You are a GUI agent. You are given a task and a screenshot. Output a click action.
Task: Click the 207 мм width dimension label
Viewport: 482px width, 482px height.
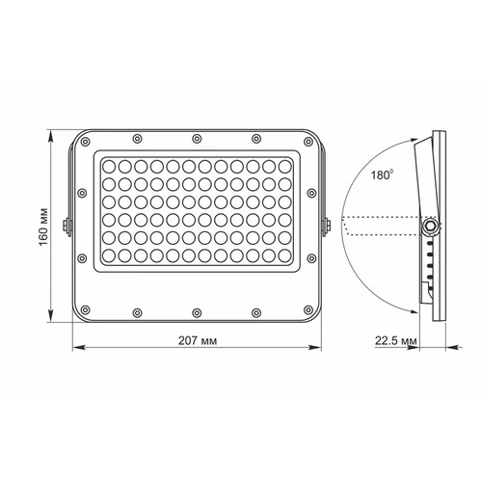click(x=198, y=340)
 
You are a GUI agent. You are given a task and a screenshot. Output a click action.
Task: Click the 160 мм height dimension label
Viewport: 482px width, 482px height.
click(x=43, y=228)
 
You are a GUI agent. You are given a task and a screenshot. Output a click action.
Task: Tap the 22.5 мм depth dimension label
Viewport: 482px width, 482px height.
click(x=396, y=340)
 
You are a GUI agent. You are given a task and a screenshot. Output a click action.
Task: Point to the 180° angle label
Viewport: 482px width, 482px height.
click(x=382, y=174)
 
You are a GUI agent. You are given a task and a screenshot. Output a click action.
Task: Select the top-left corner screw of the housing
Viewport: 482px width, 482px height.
click(x=85, y=142)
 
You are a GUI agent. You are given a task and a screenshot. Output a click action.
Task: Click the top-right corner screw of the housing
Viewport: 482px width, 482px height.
click(x=308, y=142)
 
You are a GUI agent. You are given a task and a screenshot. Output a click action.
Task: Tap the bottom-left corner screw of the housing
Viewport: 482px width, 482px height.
click(x=85, y=310)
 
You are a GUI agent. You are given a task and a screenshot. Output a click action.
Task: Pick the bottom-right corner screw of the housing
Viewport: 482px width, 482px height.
click(x=308, y=310)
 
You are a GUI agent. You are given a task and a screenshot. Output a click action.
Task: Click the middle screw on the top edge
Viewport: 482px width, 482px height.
click(x=197, y=139)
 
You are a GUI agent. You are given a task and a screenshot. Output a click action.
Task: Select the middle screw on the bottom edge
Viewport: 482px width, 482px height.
click(x=197, y=312)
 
